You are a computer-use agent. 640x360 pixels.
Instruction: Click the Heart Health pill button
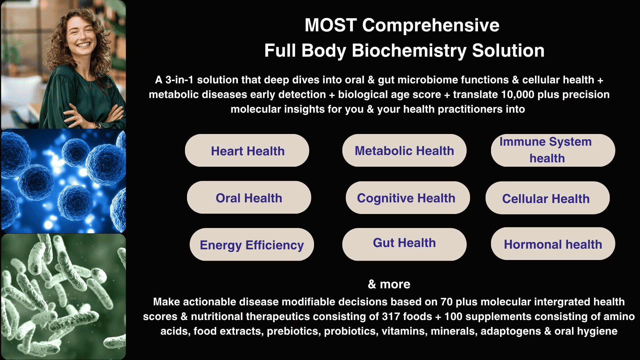pyautogui.click(x=247, y=150)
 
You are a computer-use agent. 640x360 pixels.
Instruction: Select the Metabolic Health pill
pyautogui.click(x=404, y=150)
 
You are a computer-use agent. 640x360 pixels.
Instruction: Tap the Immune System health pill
pyautogui.click(x=553, y=150)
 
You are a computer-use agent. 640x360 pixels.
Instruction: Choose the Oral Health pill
pyautogui.click(x=249, y=197)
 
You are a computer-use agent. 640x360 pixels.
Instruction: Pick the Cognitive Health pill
pyautogui.click(x=408, y=198)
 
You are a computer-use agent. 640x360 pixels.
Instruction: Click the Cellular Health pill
pyautogui.click(x=548, y=198)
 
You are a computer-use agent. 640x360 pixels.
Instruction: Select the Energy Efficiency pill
pyautogui.click(x=252, y=244)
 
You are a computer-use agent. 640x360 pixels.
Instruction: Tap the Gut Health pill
pyautogui.click(x=404, y=244)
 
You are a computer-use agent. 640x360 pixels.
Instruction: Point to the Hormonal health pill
pyautogui.click(x=553, y=244)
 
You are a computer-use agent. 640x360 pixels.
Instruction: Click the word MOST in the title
pyautogui.click(x=331, y=25)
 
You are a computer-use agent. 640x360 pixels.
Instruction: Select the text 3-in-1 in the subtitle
pyautogui.click(x=179, y=80)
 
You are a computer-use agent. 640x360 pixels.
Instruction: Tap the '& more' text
pyautogui.click(x=389, y=284)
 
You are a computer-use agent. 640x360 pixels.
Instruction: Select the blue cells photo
pyautogui.click(x=63, y=181)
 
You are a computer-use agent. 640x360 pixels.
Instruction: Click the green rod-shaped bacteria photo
pyautogui.click(x=63, y=297)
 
